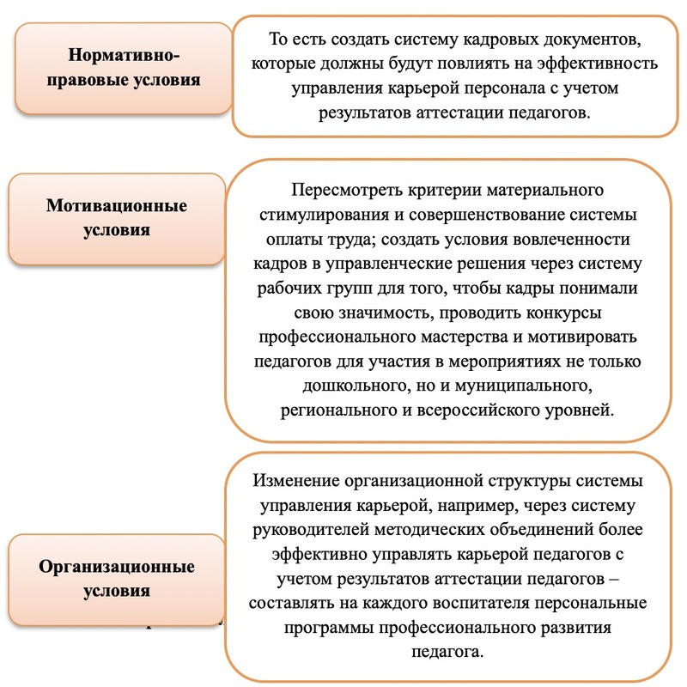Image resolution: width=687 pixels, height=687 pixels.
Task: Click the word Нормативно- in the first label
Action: tap(124, 56)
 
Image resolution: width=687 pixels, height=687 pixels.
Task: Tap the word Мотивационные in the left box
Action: tap(117, 205)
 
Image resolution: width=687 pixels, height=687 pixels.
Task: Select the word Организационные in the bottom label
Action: tap(117, 567)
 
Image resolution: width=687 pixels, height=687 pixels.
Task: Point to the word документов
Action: tap(593, 40)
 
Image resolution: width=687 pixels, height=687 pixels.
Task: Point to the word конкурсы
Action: tap(563, 313)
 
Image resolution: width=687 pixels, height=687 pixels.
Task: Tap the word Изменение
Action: tap(296, 481)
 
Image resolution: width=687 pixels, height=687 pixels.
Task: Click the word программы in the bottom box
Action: tap(329, 629)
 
